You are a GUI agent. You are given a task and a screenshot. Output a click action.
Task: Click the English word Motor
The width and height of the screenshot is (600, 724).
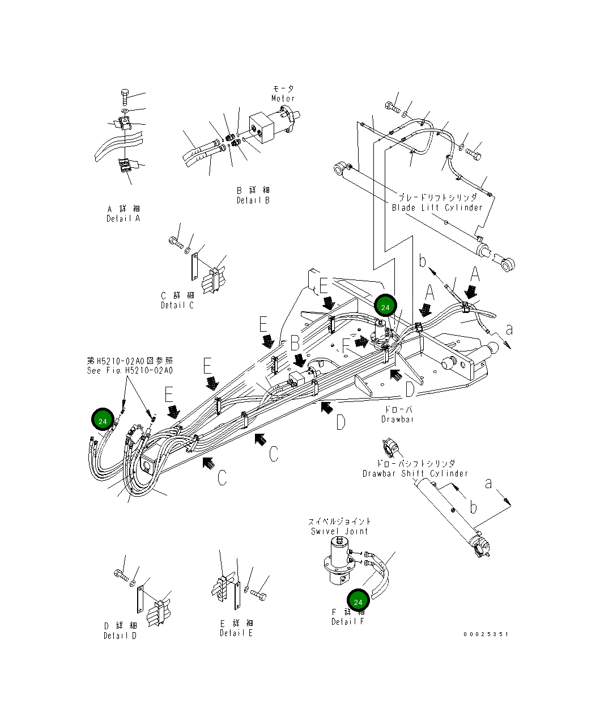click(283, 99)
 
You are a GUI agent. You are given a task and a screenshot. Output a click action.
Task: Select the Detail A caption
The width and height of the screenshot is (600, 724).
click(123, 219)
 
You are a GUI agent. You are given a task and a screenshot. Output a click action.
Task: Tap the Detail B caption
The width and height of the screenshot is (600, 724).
click(253, 200)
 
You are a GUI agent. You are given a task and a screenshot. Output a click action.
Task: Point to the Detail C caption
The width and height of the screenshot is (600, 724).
click(177, 305)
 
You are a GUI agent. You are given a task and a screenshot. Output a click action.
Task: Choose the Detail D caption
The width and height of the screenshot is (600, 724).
click(120, 636)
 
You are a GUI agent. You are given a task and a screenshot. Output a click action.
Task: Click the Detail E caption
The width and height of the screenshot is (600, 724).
click(236, 633)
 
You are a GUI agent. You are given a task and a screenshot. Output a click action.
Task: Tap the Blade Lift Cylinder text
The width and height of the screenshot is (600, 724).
click(437, 208)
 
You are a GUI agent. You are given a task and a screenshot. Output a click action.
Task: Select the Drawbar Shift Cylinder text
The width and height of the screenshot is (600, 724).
click(415, 473)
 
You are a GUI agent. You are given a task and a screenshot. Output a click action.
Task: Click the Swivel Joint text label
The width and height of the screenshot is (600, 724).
click(339, 531)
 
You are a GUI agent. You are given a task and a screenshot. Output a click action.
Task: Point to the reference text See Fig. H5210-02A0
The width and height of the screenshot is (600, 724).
click(130, 370)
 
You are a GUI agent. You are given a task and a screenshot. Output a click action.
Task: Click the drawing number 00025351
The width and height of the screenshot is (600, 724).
click(486, 634)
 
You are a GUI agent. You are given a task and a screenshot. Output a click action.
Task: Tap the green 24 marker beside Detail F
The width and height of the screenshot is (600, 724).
click(358, 602)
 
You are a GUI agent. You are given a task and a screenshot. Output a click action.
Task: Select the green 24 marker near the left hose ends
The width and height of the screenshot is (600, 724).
click(103, 421)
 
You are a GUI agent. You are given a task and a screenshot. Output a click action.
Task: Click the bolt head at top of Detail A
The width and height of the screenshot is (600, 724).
click(126, 95)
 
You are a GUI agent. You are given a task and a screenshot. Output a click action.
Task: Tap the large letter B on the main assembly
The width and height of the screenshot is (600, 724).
click(295, 343)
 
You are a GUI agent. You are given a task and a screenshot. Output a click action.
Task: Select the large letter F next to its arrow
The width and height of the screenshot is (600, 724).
click(346, 346)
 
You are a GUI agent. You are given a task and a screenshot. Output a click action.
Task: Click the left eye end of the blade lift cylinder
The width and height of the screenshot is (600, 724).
click(341, 168)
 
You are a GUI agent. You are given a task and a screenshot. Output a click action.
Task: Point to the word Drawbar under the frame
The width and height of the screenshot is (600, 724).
click(398, 420)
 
